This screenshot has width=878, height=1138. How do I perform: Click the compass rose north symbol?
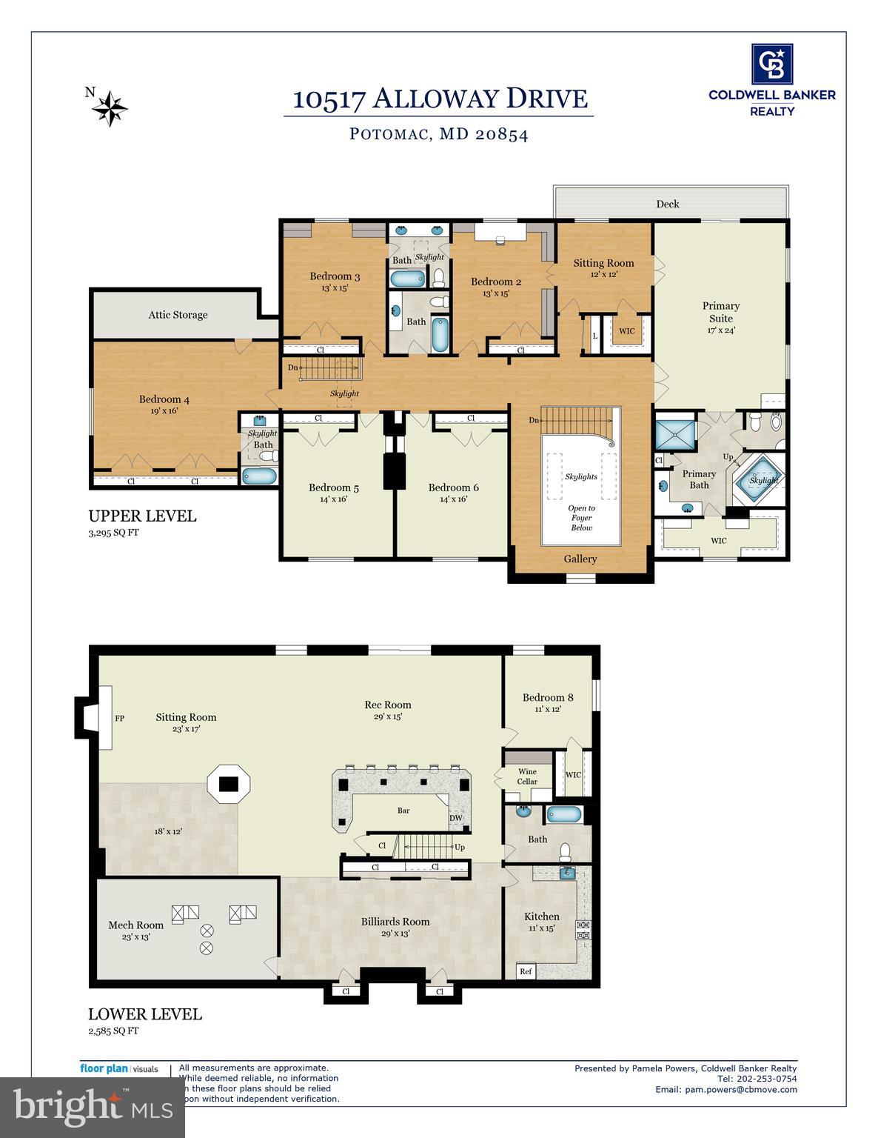[x=110, y=107]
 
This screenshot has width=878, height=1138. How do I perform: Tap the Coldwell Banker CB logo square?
[x=771, y=64]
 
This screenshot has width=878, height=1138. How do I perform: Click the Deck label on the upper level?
[x=667, y=204]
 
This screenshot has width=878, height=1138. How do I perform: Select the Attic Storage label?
[x=178, y=315]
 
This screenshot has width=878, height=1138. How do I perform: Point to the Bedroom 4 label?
[x=164, y=399]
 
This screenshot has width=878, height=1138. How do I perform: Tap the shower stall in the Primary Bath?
[x=674, y=435]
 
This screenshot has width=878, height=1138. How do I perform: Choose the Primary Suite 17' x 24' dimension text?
[x=720, y=331]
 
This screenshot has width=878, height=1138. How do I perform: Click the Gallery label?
[x=580, y=559]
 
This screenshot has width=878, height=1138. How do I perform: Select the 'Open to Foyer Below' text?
[x=581, y=518]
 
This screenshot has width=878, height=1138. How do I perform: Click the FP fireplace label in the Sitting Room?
[x=119, y=719]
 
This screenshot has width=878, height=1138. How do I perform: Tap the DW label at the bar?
[x=456, y=818]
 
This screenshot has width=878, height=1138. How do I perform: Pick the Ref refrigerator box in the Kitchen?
[x=526, y=971]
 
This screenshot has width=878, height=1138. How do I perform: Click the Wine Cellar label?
[x=527, y=776]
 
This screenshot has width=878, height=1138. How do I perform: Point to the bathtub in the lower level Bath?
[x=565, y=814]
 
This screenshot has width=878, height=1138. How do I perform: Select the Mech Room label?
[x=135, y=925]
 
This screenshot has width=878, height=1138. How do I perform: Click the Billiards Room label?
[x=395, y=922]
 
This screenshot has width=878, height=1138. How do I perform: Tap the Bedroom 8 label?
[x=548, y=697]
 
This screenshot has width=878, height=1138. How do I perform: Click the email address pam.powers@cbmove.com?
[x=725, y=1089]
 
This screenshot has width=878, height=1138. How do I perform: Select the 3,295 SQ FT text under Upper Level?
[x=113, y=532]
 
